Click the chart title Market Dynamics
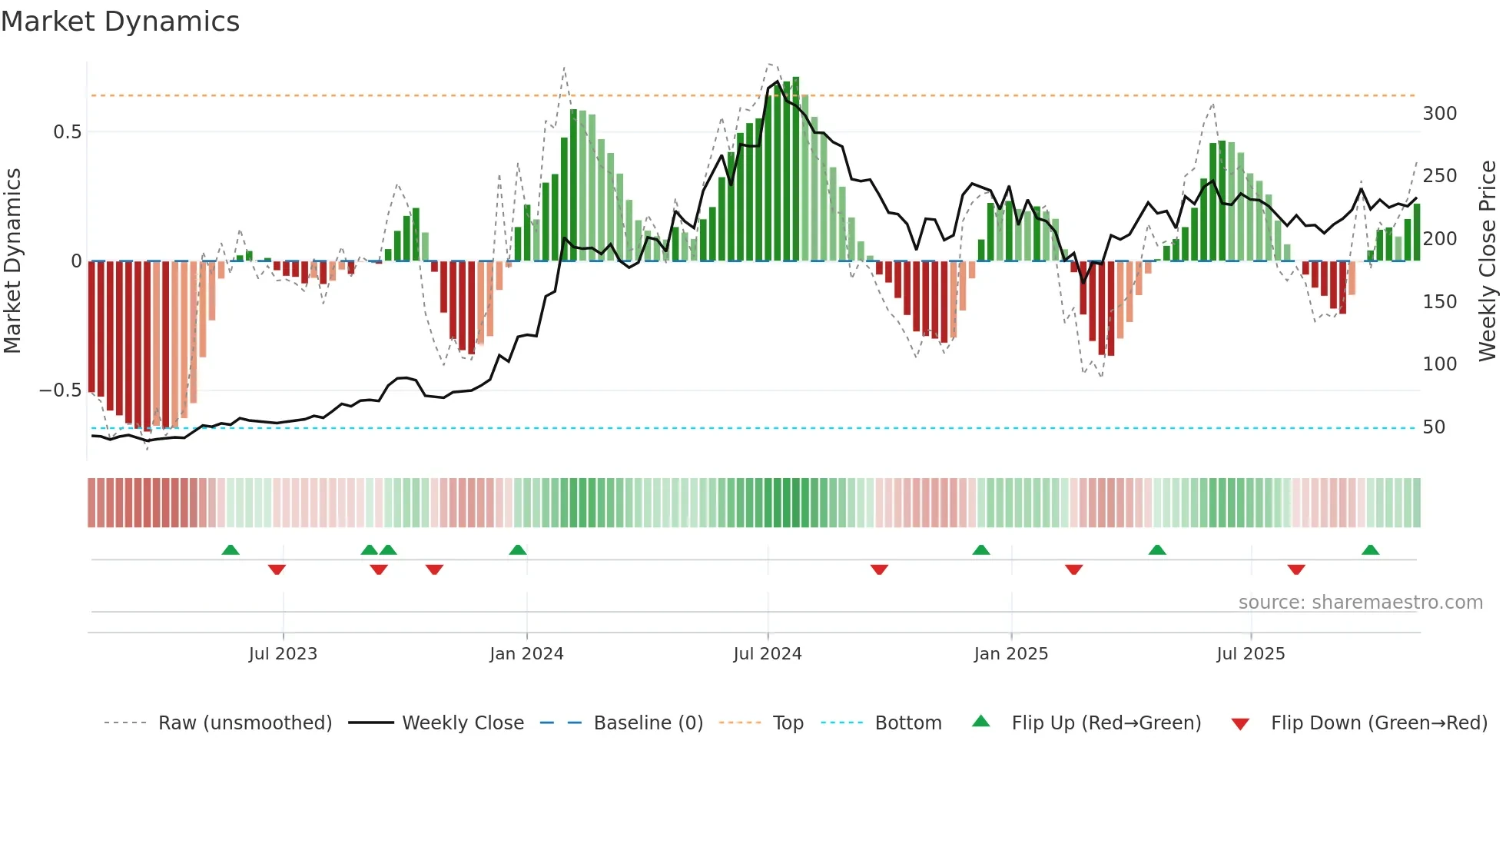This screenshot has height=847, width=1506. click(x=121, y=22)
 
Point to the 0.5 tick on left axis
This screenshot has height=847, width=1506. click(x=67, y=132)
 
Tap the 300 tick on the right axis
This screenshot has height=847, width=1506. click(x=1439, y=114)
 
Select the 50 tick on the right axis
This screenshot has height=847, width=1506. click(x=1434, y=427)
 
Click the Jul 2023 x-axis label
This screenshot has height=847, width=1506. click(x=283, y=654)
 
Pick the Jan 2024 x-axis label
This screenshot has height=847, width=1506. click(x=526, y=654)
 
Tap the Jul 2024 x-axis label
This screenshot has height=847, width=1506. click(x=767, y=654)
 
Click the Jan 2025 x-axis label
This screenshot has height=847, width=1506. click(x=1010, y=654)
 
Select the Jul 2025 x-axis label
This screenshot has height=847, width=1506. click(x=1250, y=654)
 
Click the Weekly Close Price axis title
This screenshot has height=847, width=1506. click(x=1488, y=261)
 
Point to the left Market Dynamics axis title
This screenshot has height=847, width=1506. click(x=12, y=261)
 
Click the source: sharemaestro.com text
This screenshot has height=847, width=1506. click(x=1360, y=603)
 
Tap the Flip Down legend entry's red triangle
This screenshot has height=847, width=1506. click(x=1239, y=724)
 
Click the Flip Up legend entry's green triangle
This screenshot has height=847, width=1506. click(x=980, y=722)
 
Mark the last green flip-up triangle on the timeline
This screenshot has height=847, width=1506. click(x=1370, y=550)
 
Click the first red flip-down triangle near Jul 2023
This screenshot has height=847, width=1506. click(x=277, y=570)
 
